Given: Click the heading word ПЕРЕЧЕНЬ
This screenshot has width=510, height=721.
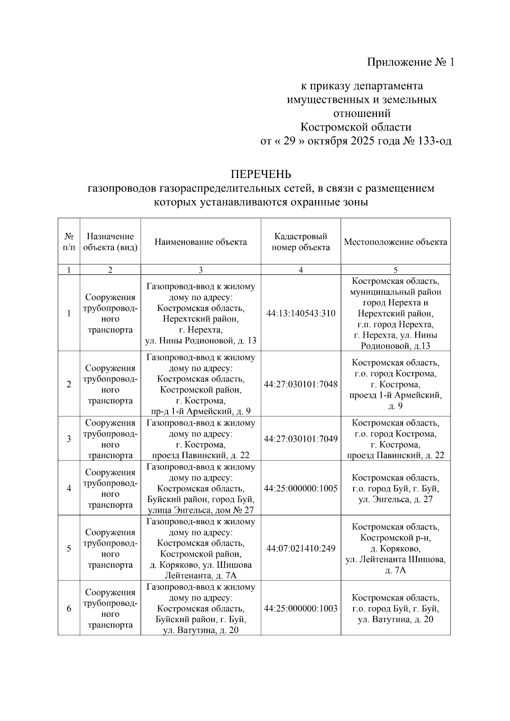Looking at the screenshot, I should coord(261,174).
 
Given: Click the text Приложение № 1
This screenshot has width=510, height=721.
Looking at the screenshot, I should coord(411,62).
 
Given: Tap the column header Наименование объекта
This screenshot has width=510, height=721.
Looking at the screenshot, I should coord(201,242).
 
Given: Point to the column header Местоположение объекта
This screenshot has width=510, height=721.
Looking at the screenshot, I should coord(395,242).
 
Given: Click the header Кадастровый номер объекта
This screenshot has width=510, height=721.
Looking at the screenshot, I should coord(300,242).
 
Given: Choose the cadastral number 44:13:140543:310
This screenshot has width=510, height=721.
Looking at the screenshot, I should coord(300,314).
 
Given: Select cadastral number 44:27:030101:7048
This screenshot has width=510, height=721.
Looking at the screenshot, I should coord(300,384).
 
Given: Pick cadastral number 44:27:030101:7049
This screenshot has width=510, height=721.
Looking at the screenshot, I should coord(300,438).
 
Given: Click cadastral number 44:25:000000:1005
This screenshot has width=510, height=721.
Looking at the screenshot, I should coord(300,488).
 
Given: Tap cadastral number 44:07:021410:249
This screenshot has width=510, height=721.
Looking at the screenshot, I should coord(300,548).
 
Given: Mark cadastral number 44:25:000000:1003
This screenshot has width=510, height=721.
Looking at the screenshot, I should coord(300,608).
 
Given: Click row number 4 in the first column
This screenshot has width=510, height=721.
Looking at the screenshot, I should coord(69,488).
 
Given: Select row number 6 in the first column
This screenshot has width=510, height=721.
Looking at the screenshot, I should coord(69,608).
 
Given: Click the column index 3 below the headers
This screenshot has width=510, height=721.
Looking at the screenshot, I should coord(201,270).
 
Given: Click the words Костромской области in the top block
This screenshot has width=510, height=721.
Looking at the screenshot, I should coord(356,127).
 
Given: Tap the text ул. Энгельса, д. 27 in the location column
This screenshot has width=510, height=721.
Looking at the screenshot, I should coord(395,499).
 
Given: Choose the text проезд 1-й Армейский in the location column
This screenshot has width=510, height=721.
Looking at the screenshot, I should coord(395,395).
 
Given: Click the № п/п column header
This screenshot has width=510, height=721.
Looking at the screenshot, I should coord(69,242).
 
